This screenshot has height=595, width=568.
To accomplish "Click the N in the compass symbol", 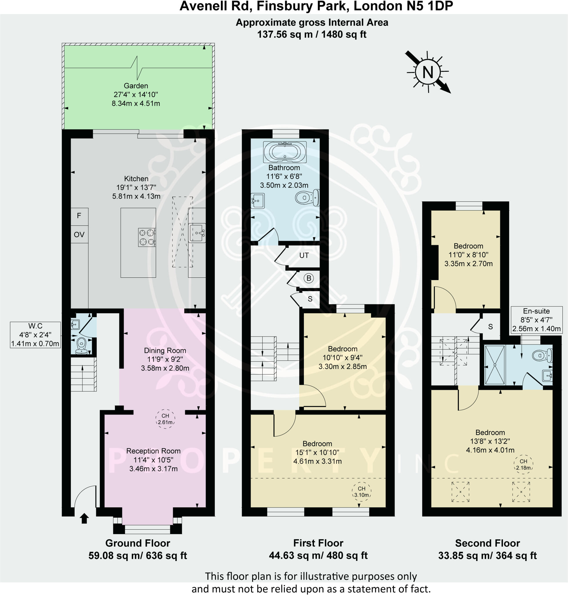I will pyautogui.click(x=428, y=72).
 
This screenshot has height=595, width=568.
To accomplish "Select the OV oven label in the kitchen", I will pyautogui.click(x=79, y=234).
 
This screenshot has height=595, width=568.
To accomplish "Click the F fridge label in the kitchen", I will pyautogui.click(x=79, y=216).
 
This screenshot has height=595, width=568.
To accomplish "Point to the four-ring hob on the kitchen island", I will pyautogui.click(x=147, y=237).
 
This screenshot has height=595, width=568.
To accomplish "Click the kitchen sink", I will pyautogui.click(x=197, y=233).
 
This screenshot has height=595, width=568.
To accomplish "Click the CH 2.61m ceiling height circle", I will pyautogui.click(x=165, y=419).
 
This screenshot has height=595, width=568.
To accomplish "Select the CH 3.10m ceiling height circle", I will pyautogui.click(x=362, y=491).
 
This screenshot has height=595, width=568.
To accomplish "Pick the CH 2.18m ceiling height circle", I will pyautogui.click(x=524, y=464).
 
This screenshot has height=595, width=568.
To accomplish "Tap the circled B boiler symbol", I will pyautogui.click(x=309, y=278).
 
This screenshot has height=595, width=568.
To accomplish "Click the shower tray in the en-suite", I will pyautogui.click(x=495, y=365).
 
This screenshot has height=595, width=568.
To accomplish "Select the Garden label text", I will pyautogui.click(x=136, y=86).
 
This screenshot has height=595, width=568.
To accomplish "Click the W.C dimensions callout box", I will pyautogui.click(x=35, y=335).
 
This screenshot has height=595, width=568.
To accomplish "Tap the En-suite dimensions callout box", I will pyautogui.click(x=536, y=320).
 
